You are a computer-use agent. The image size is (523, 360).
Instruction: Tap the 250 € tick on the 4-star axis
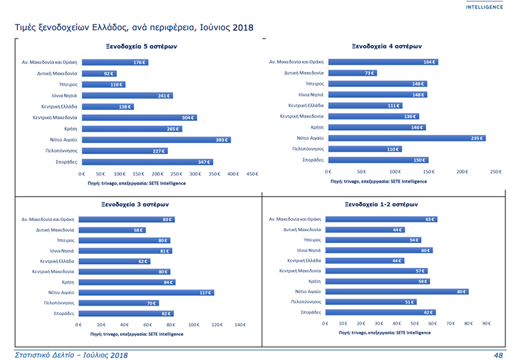click(x=496, y=171)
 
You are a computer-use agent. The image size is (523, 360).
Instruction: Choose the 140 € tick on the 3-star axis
click(x=239, y=324)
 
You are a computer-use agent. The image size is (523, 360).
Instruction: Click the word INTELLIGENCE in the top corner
click(x=484, y=7)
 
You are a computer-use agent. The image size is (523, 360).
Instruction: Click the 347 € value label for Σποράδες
click(x=205, y=161)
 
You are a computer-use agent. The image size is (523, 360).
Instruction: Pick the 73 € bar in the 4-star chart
click(x=352, y=73)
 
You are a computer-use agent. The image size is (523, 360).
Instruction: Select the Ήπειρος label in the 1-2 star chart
click(x=311, y=240)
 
